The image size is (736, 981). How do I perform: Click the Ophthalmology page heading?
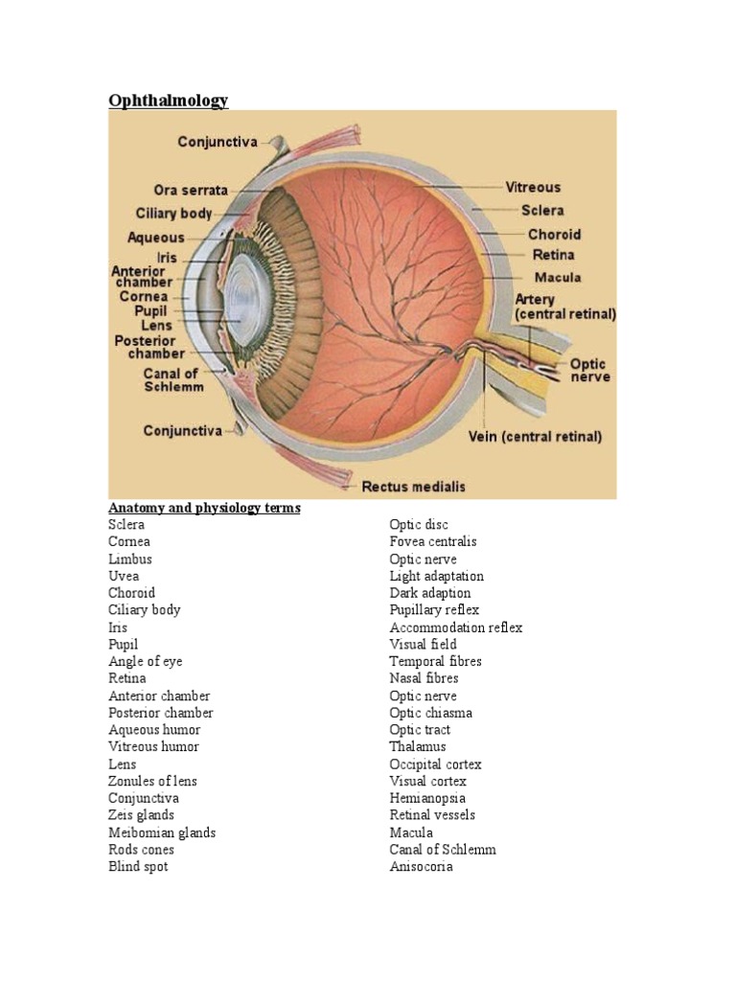coord(169,101)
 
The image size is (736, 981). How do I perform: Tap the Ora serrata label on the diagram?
coord(191,190)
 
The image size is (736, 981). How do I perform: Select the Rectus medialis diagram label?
coord(413,487)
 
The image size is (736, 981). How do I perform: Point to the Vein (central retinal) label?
coord(535,436)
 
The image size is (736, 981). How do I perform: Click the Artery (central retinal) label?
coord(565,307)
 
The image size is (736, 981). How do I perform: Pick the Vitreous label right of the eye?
coord(533,188)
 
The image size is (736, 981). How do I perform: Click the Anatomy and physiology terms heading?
coord(204,508)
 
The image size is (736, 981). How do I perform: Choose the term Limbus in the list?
coord(130,559)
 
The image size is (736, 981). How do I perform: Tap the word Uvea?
coord(124,576)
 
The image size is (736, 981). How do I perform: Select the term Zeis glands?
coord(141,815)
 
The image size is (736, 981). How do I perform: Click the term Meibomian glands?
coord(162,833)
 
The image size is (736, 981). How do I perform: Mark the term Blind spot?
coord(138,867)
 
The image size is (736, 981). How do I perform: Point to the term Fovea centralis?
coord(433,542)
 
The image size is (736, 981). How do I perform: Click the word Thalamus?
coord(418,747)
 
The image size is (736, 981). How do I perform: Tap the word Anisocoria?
coord(422,867)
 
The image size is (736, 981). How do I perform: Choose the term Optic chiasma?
coord(430,713)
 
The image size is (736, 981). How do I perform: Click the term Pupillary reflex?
coord(434,610)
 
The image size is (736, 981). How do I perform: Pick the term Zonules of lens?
coord(152,782)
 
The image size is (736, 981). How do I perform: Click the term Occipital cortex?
coord(435,764)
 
